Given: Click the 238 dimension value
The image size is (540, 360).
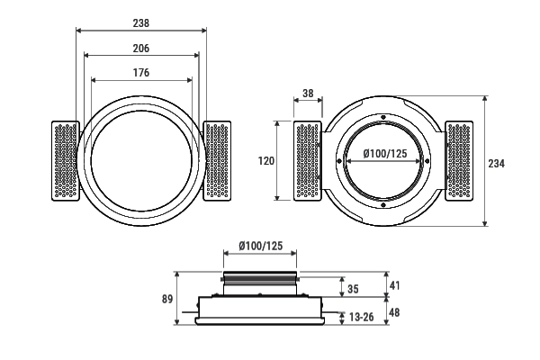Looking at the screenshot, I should [141, 22].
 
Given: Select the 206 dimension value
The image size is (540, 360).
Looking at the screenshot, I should [141, 48].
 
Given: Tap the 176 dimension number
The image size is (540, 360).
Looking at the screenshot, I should [141, 73].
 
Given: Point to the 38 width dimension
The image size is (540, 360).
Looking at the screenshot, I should [308, 94].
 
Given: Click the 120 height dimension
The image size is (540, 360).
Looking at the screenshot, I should [265, 161].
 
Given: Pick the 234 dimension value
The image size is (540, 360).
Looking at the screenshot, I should [496, 163].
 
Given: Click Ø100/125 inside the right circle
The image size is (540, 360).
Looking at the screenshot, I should [384, 154].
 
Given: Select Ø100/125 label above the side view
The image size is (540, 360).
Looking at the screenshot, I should [260, 246].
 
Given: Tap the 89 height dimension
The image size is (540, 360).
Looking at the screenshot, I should [166, 299].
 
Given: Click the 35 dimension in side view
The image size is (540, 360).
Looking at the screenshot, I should [352, 289].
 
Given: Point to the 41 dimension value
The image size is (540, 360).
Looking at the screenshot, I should [394, 285].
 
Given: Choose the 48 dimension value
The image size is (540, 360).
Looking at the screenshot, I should [394, 312].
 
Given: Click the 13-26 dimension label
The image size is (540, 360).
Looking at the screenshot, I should [362, 317].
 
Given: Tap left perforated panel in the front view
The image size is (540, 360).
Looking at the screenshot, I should [66, 160].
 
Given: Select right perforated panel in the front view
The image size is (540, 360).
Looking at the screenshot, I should [217, 160].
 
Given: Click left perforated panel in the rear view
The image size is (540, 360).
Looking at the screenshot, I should [308, 161].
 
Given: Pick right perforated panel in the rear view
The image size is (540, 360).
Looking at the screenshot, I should [460, 161].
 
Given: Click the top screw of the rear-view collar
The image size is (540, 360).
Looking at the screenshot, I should [383, 119].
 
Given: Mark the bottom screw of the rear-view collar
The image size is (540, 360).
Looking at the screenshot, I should [383, 205].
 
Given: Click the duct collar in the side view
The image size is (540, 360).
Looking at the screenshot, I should [260, 282].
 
